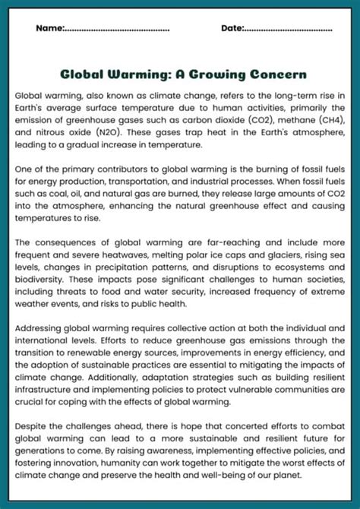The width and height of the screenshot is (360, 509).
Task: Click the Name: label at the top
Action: pyautogui.click(x=49, y=29)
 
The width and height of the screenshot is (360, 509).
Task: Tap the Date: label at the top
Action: pyautogui.click(x=232, y=29)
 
